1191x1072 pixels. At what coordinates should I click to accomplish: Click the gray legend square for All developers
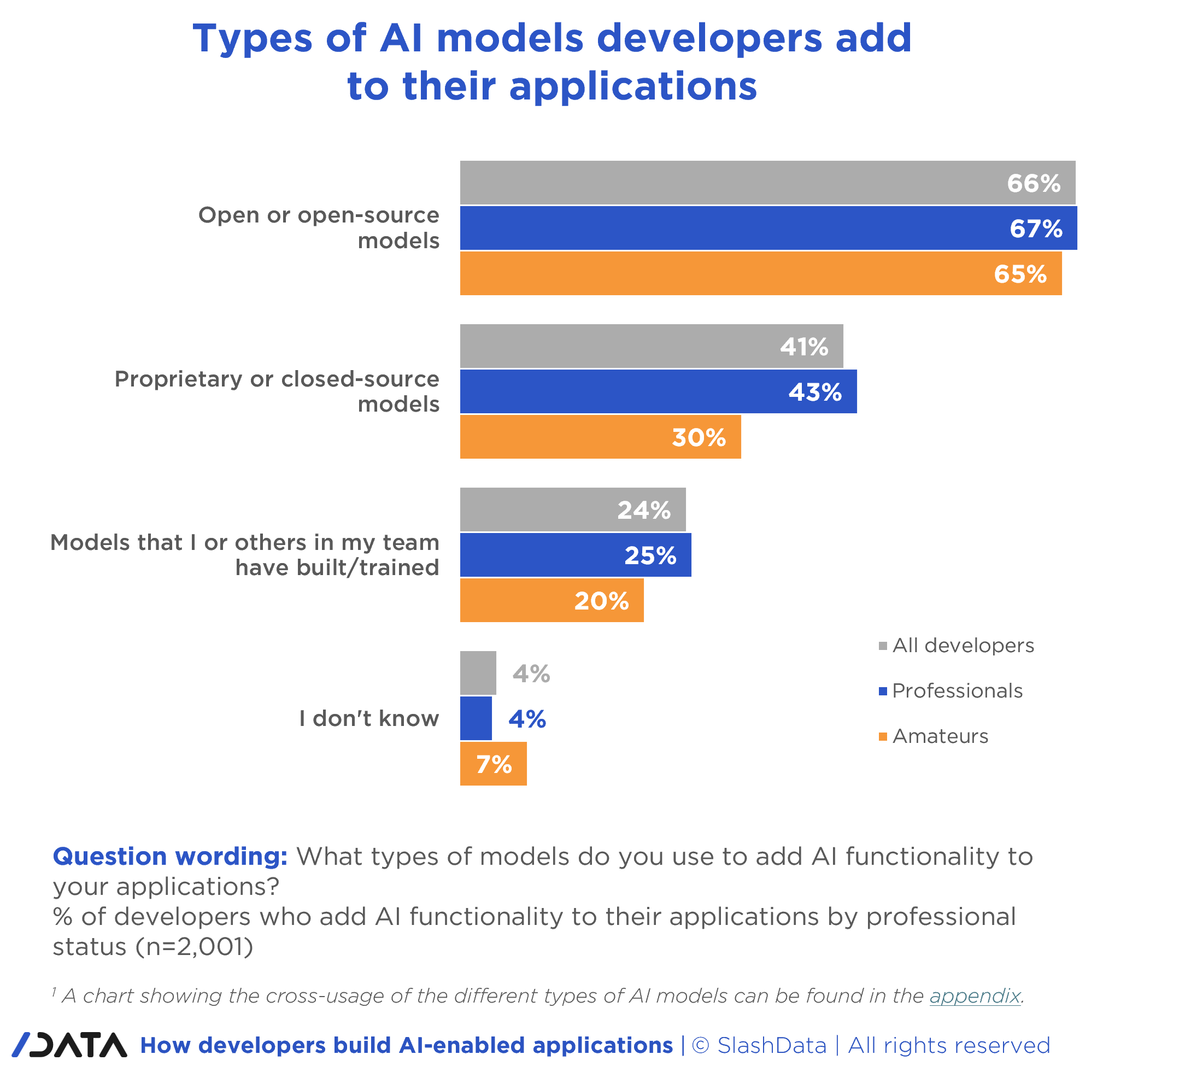tap(882, 646)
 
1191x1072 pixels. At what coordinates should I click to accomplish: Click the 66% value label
tap(1033, 183)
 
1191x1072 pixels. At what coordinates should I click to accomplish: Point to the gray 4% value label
tap(531, 673)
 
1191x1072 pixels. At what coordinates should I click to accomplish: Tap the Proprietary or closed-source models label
tap(277, 391)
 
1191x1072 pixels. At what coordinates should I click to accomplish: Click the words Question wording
tap(169, 856)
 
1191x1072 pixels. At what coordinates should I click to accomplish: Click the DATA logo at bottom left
tap(69, 1045)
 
